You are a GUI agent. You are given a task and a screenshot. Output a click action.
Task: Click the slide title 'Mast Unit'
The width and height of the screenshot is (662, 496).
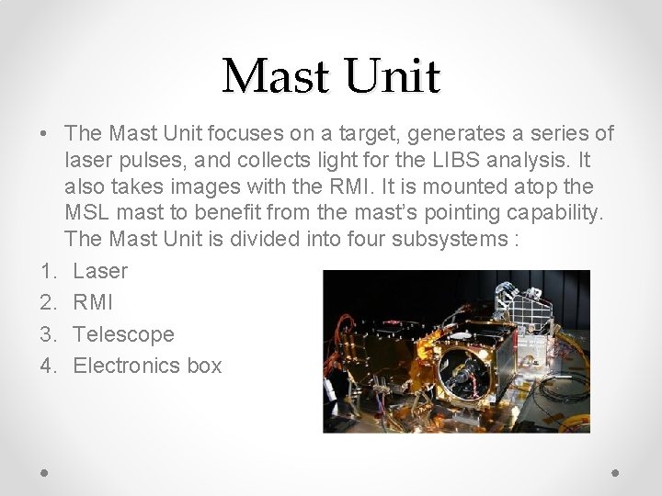pyautogui.click(x=331, y=76)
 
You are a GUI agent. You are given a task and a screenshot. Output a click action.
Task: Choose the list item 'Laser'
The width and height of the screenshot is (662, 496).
pyautogui.click(x=100, y=271)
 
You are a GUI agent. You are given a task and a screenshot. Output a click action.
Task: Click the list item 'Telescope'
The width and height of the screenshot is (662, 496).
pyautogui.click(x=123, y=333)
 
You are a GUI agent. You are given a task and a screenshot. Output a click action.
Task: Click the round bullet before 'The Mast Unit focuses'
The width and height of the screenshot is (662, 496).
pyautogui.click(x=44, y=134)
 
